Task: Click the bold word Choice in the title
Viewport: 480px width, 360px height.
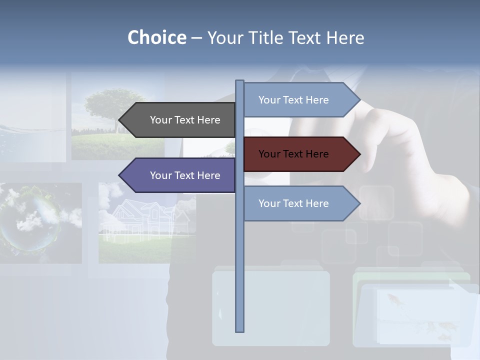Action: click(156, 37)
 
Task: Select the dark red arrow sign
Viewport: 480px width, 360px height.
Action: click(300, 154)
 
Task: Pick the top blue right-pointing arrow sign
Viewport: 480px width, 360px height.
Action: click(300, 100)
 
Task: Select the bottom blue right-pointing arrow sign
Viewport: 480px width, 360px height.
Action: click(300, 203)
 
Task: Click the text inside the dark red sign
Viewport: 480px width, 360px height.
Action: click(293, 154)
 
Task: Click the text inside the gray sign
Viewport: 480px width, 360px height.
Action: click(185, 120)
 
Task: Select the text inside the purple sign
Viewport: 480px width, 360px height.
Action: click(185, 175)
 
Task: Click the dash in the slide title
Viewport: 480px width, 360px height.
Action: click(196, 38)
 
